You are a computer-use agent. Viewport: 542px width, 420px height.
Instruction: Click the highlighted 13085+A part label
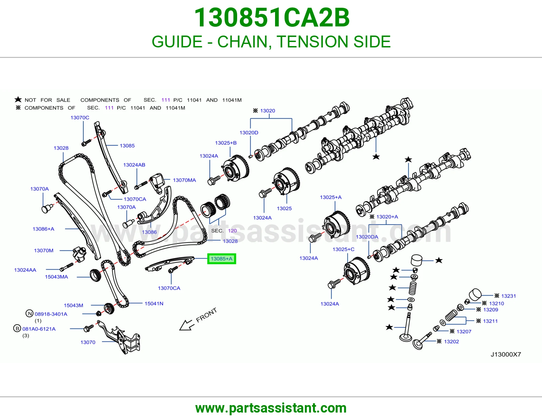(222, 259)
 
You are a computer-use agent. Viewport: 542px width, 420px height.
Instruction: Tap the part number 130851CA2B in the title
(272, 18)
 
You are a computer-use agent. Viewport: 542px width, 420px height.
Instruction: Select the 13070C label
(80, 118)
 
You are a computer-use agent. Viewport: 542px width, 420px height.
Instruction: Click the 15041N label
(154, 303)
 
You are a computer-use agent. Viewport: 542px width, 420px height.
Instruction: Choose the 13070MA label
(184, 180)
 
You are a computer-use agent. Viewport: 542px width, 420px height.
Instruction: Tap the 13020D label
(249, 133)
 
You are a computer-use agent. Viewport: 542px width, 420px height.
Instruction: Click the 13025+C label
(343, 249)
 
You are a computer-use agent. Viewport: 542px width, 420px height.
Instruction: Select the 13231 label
(508, 296)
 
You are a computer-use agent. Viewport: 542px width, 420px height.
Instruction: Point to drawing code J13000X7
(506, 354)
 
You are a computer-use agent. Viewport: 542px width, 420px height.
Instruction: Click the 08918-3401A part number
(51, 314)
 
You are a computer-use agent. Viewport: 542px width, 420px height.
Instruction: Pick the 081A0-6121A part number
(39, 329)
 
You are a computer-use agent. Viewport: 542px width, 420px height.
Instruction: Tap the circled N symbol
(29, 314)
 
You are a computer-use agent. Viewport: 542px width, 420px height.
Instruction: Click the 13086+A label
(43, 229)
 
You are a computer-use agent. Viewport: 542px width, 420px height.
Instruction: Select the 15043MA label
(56, 277)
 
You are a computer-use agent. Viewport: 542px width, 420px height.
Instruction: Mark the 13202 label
(452, 342)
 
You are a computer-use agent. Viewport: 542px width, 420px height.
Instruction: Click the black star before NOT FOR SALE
(18, 100)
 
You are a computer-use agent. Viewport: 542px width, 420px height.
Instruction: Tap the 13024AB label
(134, 165)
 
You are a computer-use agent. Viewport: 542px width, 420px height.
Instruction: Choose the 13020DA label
(367, 237)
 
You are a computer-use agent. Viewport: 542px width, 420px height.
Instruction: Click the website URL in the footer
(271, 408)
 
